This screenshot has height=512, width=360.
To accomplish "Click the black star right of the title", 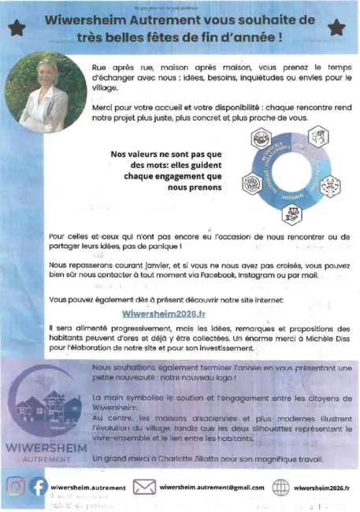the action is [336, 28].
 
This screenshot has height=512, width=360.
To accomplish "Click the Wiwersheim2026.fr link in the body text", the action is [169, 313].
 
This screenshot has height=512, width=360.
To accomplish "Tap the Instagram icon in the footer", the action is [16, 487].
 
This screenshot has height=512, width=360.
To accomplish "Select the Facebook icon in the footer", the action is [38, 487].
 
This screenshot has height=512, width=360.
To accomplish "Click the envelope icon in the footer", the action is [143, 487].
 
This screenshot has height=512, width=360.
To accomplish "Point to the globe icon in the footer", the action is [280, 487].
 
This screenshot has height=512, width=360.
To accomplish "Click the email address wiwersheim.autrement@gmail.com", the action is [211, 487].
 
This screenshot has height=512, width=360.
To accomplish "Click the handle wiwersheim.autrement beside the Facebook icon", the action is [87, 488].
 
